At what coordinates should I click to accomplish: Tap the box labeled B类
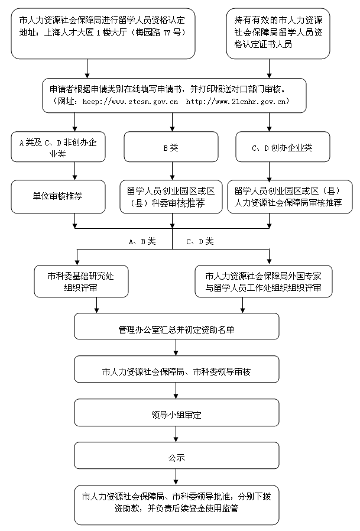tap(171, 147)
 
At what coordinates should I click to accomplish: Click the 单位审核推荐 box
tap(58, 196)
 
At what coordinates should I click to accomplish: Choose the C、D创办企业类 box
tap(283, 147)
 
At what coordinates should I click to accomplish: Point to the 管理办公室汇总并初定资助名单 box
tap(176, 326)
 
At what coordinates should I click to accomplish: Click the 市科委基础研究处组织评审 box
tap(81, 281)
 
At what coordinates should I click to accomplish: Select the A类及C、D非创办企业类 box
tap(58, 147)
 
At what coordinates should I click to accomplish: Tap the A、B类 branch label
tap(142, 241)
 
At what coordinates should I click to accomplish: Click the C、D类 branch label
tap(200, 241)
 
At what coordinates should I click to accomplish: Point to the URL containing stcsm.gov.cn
tap(131, 102)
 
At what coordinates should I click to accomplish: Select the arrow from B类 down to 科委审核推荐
tap(173, 171)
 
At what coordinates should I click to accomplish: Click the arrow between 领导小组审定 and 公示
tap(176, 434)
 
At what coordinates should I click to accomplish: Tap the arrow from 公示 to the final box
tap(176, 477)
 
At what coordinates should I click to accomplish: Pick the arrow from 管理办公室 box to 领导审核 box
tap(176, 348)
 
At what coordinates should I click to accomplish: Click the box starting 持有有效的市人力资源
tap(278, 34)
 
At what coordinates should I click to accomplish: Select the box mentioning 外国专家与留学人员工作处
tap(264, 281)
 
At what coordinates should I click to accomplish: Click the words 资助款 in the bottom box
tap(127, 508)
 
